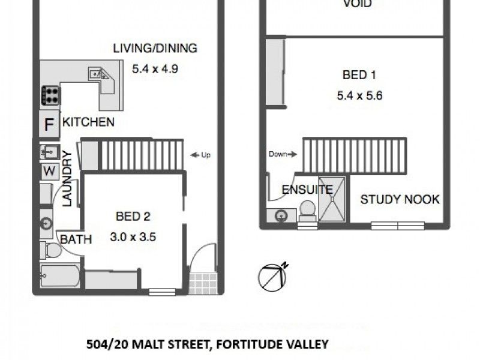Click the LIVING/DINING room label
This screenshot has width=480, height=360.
point(155,49)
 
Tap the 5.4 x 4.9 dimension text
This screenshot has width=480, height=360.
point(155,68)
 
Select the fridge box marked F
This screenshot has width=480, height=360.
point(50,125)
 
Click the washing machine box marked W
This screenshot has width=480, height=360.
point(50,172)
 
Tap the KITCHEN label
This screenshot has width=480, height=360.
point(88,122)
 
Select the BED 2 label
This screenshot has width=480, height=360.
point(133,217)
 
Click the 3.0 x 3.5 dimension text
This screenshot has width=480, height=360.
point(133,236)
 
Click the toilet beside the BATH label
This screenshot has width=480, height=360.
point(50,249)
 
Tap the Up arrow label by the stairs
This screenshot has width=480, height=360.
point(200,155)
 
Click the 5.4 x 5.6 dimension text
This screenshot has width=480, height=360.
point(359,95)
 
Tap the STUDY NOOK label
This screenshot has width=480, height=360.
point(400,199)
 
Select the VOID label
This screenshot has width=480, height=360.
point(357,4)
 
